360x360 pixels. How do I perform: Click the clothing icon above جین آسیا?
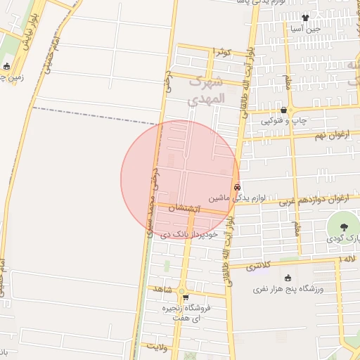[305, 18]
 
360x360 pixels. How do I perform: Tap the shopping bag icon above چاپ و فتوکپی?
[284, 110]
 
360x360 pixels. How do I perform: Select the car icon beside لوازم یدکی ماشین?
[238, 188]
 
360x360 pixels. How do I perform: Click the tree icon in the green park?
[344, 226]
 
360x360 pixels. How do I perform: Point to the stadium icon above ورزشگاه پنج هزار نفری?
[287, 278]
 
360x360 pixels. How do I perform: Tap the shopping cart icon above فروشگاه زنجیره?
[186, 297]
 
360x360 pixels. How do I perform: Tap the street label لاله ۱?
[347, 260]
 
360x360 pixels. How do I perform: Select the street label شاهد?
[163, 288]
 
